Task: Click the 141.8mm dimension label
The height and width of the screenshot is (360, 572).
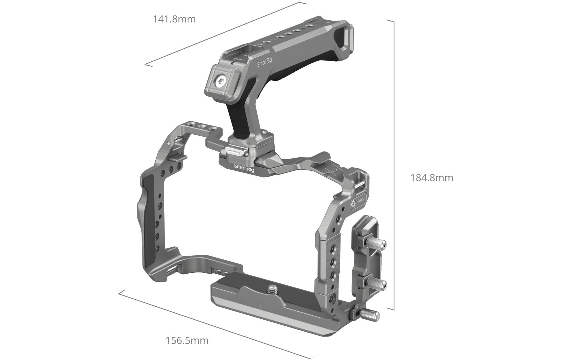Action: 174,19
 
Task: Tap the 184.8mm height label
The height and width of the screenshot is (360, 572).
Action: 432,178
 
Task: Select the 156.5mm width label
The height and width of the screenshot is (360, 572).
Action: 187,341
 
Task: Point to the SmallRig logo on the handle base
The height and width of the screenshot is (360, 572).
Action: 244,168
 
